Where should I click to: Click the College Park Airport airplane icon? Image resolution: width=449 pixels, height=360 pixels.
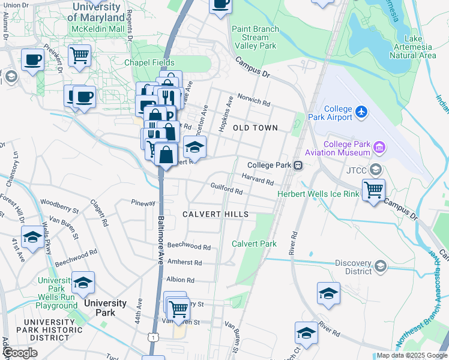tap(361, 111)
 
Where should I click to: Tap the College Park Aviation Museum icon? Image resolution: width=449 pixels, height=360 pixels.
tap(379, 146)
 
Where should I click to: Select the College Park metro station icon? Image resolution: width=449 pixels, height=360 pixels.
tap(297, 165)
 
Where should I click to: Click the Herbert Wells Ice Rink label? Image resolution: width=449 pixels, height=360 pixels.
tap(318, 194)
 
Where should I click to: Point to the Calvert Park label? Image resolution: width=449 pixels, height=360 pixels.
tap(255, 244)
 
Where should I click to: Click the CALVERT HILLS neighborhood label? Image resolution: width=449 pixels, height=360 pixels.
tap(215, 214)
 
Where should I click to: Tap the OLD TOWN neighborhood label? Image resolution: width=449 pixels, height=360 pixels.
tap(255, 128)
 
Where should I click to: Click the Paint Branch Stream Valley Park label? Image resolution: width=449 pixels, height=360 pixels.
tap(255, 37)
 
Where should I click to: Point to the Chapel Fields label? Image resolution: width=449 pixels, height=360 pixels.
tap(149, 62)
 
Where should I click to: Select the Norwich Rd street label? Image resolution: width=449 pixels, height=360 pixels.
tap(253, 99)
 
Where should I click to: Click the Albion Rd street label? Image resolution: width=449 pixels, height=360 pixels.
tap(181, 280)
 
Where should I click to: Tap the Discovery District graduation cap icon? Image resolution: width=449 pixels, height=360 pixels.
tap(379, 266)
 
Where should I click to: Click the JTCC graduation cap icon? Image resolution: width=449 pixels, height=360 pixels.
tap(376, 169)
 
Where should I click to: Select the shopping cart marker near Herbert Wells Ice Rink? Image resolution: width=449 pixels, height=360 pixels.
tap(373, 190)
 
